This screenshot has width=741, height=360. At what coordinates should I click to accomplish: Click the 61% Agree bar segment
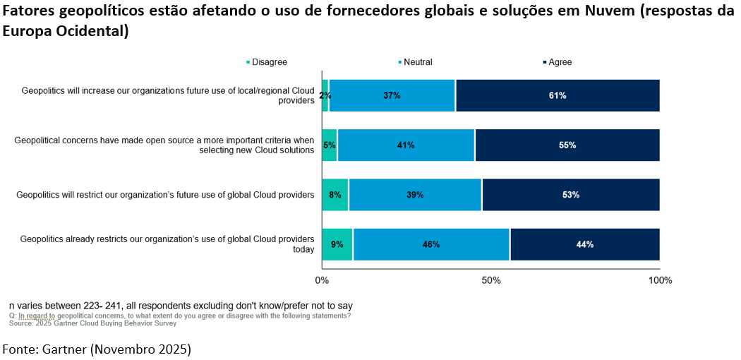coord(558,96)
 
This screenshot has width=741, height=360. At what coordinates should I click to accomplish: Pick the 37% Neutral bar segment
coord(392,96)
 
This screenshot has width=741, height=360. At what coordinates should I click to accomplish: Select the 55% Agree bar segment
coord(567,145)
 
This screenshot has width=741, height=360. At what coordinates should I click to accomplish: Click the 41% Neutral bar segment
coord(406,145)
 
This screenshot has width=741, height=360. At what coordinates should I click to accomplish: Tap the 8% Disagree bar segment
coord(335,195)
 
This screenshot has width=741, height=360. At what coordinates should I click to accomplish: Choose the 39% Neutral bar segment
coord(415,195)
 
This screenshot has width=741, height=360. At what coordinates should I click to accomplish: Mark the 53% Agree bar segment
coord(571,195)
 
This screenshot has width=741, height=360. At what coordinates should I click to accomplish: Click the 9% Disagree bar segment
coord(337,244)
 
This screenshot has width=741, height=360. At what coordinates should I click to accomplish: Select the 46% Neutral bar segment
coord(431,244)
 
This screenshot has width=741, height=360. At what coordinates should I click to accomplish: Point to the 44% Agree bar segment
coord(585,244)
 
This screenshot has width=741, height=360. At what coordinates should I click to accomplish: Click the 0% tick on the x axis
coord(322,280)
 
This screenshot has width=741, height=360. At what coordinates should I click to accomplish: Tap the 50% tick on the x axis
coord(491,280)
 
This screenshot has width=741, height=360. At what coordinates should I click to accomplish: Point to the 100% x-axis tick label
coord(660,280)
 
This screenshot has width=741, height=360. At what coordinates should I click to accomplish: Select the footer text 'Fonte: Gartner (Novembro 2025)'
coord(97,349)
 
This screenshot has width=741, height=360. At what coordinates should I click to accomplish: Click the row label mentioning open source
coord(164,145)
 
